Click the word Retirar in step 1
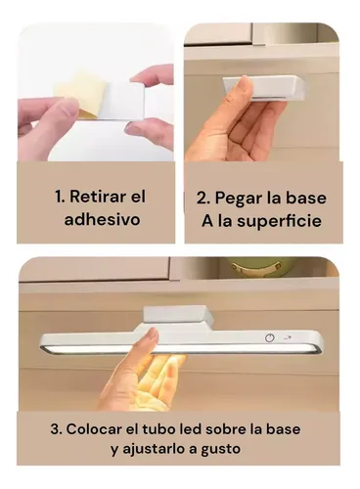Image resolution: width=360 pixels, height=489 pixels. (x=96, y=197)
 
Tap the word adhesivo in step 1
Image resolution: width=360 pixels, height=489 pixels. (x=102, y=219)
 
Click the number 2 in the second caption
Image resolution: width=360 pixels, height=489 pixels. (x=201, y=199)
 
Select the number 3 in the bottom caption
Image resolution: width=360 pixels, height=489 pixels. (x=55, y=429)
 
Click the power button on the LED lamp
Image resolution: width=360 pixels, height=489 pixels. (x=269, y=337)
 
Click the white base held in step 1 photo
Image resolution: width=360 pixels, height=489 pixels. (x=121, y=102)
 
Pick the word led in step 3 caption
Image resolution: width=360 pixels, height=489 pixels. (x=191, y=429)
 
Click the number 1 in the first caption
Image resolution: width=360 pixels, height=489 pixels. (x=59, y=197)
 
